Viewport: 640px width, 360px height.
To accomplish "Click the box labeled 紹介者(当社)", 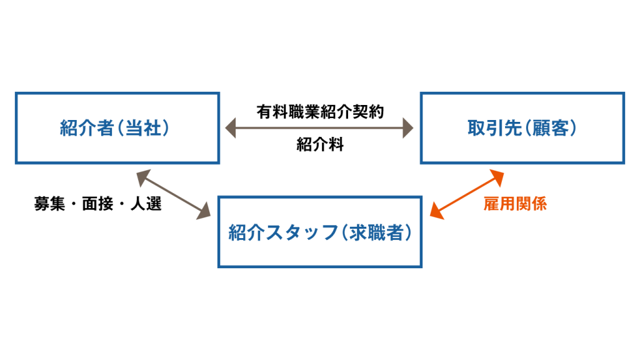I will coord(117,128).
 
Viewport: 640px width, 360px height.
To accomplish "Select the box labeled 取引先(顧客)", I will coord(522,128).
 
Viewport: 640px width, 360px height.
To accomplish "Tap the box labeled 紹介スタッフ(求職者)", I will coord(320,232).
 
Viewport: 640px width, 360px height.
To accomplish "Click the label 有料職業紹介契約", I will coord(320,112).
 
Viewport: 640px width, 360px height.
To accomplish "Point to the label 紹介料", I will coord(320,146).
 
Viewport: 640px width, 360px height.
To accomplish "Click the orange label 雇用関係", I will coord(516,204).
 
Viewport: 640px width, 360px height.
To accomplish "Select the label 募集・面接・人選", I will coord(98,204).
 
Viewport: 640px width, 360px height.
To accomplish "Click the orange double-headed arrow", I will coord(467,194).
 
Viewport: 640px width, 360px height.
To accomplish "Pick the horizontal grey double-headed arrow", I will coord(319,129).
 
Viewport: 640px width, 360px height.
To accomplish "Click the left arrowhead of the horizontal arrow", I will coord(231,129).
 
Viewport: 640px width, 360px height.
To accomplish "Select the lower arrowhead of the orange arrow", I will coord(437,213).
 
